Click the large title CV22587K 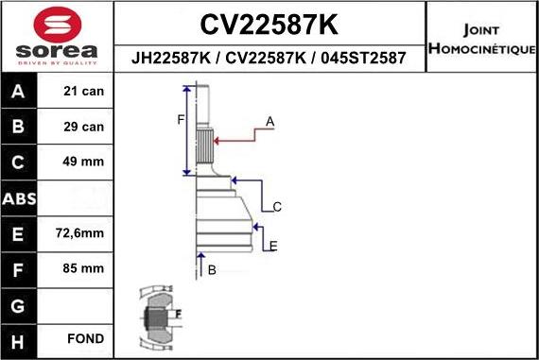(x=269, y=23)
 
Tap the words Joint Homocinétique (x=481, y=38)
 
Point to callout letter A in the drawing (x=269, y=122)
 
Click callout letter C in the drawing (x=277, y=207)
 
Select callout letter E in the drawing (x=272, y=247)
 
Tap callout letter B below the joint (x=212, y=270)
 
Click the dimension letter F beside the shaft (x=181, y=118)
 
